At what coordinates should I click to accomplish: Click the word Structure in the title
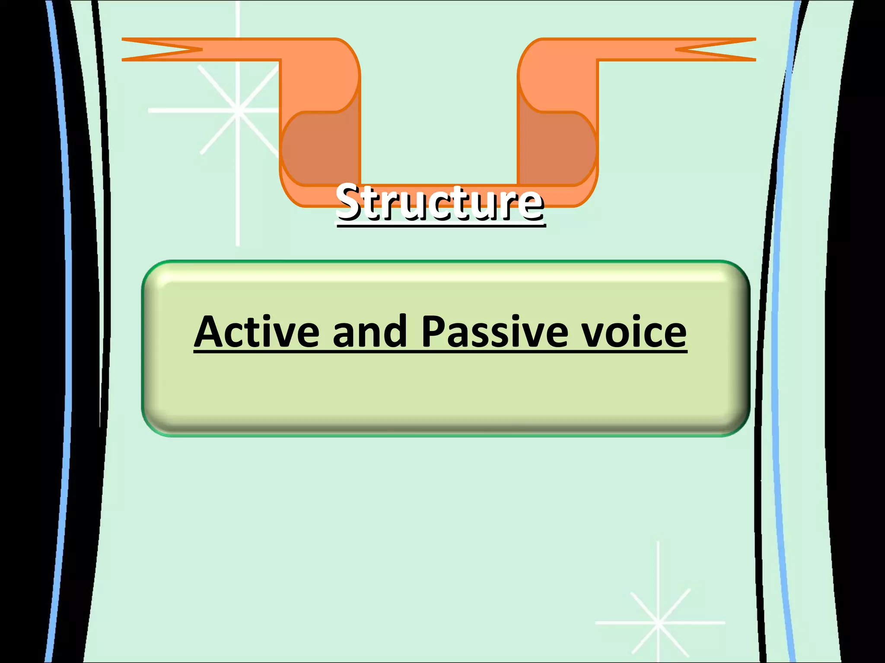440,202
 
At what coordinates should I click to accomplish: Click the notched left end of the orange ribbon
156,49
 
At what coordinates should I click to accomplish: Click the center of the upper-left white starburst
238,110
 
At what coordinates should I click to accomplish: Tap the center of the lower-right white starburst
658,623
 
